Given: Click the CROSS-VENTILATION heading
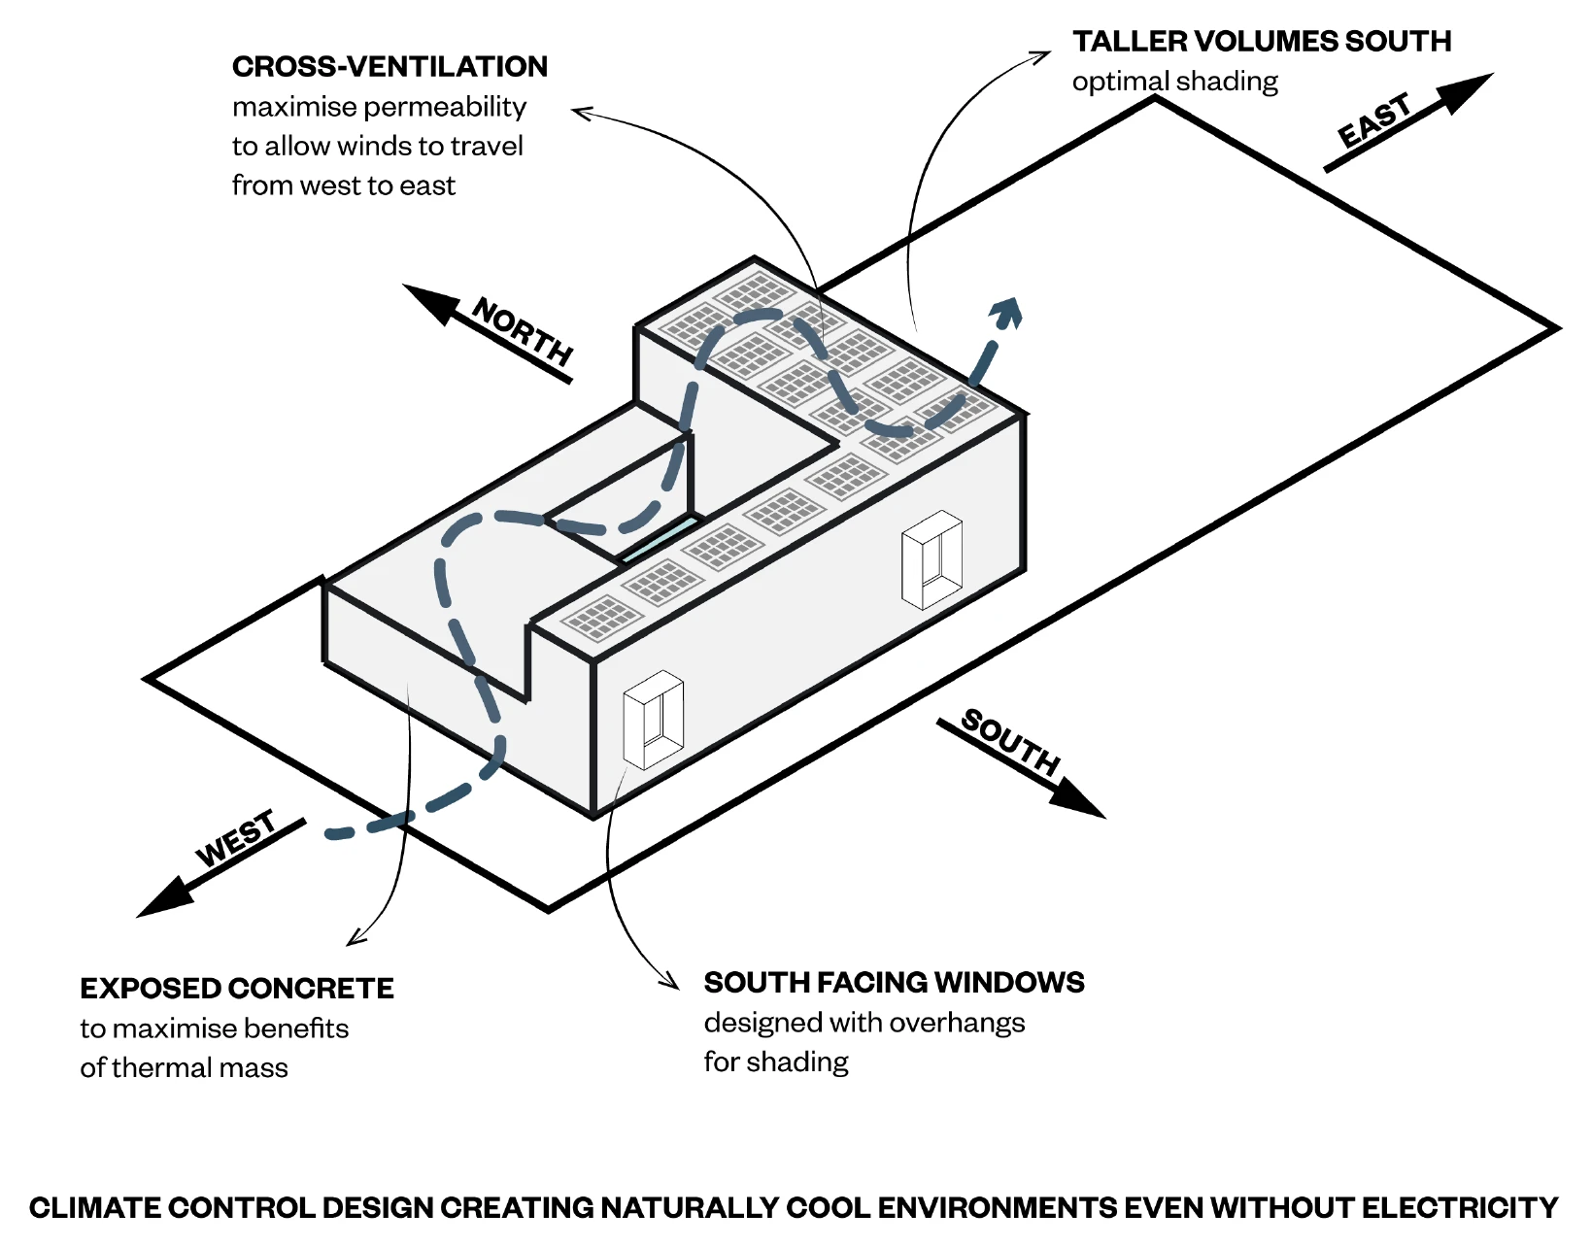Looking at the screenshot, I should (390, 66).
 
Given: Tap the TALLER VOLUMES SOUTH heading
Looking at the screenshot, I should (1261, 41).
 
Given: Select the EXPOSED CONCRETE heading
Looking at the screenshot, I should (237, 988).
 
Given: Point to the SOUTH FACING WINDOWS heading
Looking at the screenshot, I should (894, 982).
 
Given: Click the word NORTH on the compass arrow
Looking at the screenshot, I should (523, 331).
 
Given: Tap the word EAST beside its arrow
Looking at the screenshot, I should (1374, 120).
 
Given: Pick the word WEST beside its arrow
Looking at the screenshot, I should (236, 838).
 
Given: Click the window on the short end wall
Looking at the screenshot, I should (653, 719).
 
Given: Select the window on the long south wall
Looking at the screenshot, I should (931, 558).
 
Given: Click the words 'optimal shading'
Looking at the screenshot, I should (1174, 81).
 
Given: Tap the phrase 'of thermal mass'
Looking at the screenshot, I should (184, 1067).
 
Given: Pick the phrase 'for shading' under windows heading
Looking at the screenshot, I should (776, 1062).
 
